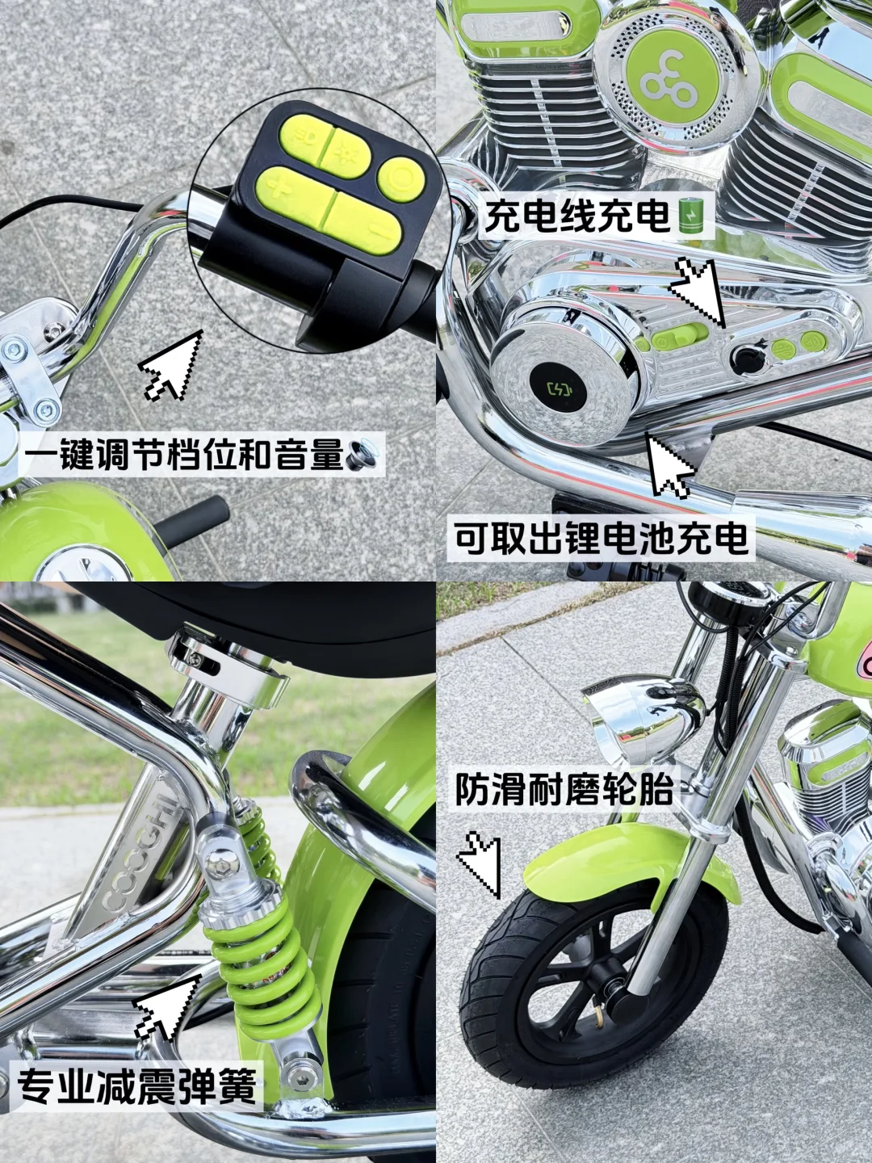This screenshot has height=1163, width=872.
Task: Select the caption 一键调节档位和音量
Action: (x=182, y=454)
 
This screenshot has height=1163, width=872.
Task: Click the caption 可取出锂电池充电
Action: (x=602, y=539)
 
